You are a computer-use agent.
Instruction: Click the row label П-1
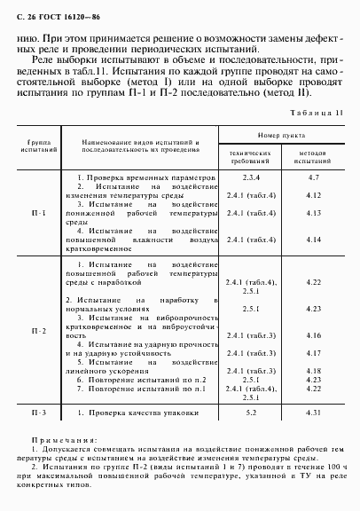40,214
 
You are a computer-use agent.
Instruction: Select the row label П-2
40,330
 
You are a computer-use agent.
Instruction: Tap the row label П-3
40,413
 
